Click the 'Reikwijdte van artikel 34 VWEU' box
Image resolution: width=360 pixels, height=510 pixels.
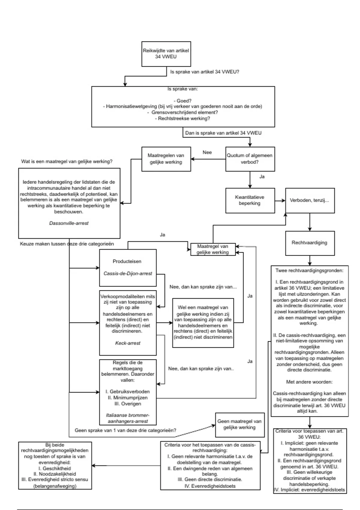click(166, 54)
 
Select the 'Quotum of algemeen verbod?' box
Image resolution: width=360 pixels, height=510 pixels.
click(250, 159)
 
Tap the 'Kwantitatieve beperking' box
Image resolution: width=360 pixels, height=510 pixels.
click(250, 200)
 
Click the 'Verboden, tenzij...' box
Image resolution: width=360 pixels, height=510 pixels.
click(310, 200)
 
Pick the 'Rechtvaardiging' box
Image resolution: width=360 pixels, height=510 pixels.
click(310, 243)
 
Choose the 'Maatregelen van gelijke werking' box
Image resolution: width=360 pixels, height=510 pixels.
click(166, 159)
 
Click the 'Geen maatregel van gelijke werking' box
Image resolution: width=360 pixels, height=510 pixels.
click(239, 424)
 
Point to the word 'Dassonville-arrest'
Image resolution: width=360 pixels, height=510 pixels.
click(69, 223)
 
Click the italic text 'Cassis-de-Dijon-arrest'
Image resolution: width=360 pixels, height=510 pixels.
click(128, 274)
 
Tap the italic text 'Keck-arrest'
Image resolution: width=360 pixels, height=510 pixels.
click(128, 343)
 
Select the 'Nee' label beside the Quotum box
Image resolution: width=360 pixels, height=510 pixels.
click(207, 152)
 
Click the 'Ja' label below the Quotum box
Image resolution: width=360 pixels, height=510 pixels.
click(262, 177)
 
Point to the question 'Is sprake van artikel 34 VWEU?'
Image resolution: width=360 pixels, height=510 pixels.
click(205, 72)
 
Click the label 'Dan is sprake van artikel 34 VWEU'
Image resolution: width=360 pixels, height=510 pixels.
click(223, 133)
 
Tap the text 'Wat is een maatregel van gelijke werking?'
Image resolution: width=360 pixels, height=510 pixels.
click(67, 161)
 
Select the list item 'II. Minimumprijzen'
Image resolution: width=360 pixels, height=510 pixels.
click(128, 398)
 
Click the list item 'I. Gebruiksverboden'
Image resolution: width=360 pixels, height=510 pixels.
click(128, 392)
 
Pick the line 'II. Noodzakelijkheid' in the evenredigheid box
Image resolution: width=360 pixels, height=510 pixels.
click(55, 474)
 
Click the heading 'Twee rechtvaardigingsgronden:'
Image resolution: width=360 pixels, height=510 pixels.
click(310, 271)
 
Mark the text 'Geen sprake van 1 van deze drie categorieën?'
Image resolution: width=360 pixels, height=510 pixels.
click(125, 430)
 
